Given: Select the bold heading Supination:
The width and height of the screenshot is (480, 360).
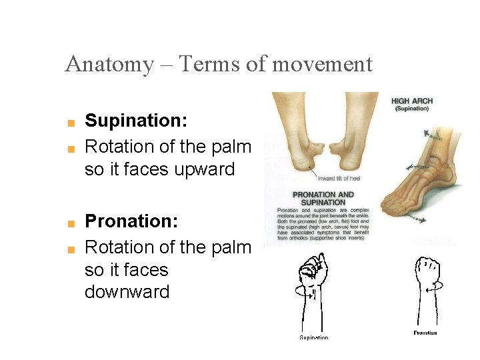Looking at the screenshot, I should coord(135,121).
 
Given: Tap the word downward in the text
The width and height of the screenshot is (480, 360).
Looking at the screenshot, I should coord(127,292).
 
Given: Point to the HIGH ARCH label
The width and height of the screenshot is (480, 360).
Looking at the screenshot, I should coord(411,101).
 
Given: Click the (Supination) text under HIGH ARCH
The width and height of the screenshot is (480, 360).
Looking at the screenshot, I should coord(411,109).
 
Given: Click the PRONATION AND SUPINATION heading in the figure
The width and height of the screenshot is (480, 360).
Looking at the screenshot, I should coord(323,198).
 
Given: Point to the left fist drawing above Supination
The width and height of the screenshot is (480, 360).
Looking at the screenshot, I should coord(312,271).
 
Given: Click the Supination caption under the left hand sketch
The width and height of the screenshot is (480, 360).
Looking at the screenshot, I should coord(313,337).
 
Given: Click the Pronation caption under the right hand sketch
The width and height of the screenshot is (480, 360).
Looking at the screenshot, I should coord(425,333).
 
